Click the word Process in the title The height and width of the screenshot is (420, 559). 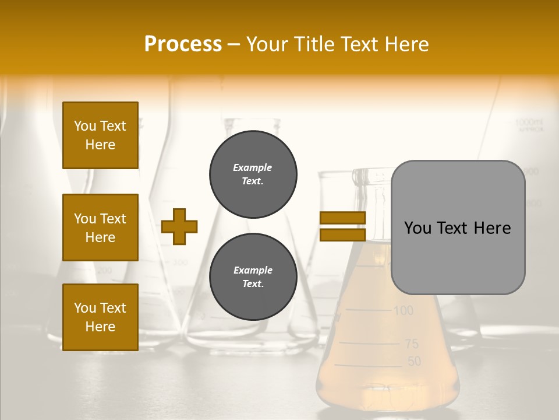click(x=183, y=44)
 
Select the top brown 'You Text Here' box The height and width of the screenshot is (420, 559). click(x=100, y=135)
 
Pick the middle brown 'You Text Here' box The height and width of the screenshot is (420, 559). click(x=100, y=228)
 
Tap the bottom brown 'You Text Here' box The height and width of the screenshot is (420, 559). click(x=100, y=317)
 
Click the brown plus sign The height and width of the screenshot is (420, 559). click(x=179, y=226)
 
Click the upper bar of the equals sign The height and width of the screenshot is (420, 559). click(x=342, y=218)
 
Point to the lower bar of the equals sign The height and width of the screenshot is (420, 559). click(x=342, y=235)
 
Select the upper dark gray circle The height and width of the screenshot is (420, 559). click(x=253, y=174)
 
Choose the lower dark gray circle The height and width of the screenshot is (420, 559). click(x=253, y=277)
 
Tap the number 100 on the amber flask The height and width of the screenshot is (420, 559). click(x=403, y=310)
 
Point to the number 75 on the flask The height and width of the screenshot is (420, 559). click(x=412, y=344)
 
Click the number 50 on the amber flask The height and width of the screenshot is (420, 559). click(x=413, y=362)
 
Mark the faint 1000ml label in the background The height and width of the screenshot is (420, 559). click(x=528, y=123)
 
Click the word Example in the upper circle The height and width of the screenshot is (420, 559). click(x=253, y=167)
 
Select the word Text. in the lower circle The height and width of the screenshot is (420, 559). click(x=253, y=284)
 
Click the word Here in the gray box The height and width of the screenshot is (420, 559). click(x=493, y=228)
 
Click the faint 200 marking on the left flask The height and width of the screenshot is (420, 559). click(x=105, y=270)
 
